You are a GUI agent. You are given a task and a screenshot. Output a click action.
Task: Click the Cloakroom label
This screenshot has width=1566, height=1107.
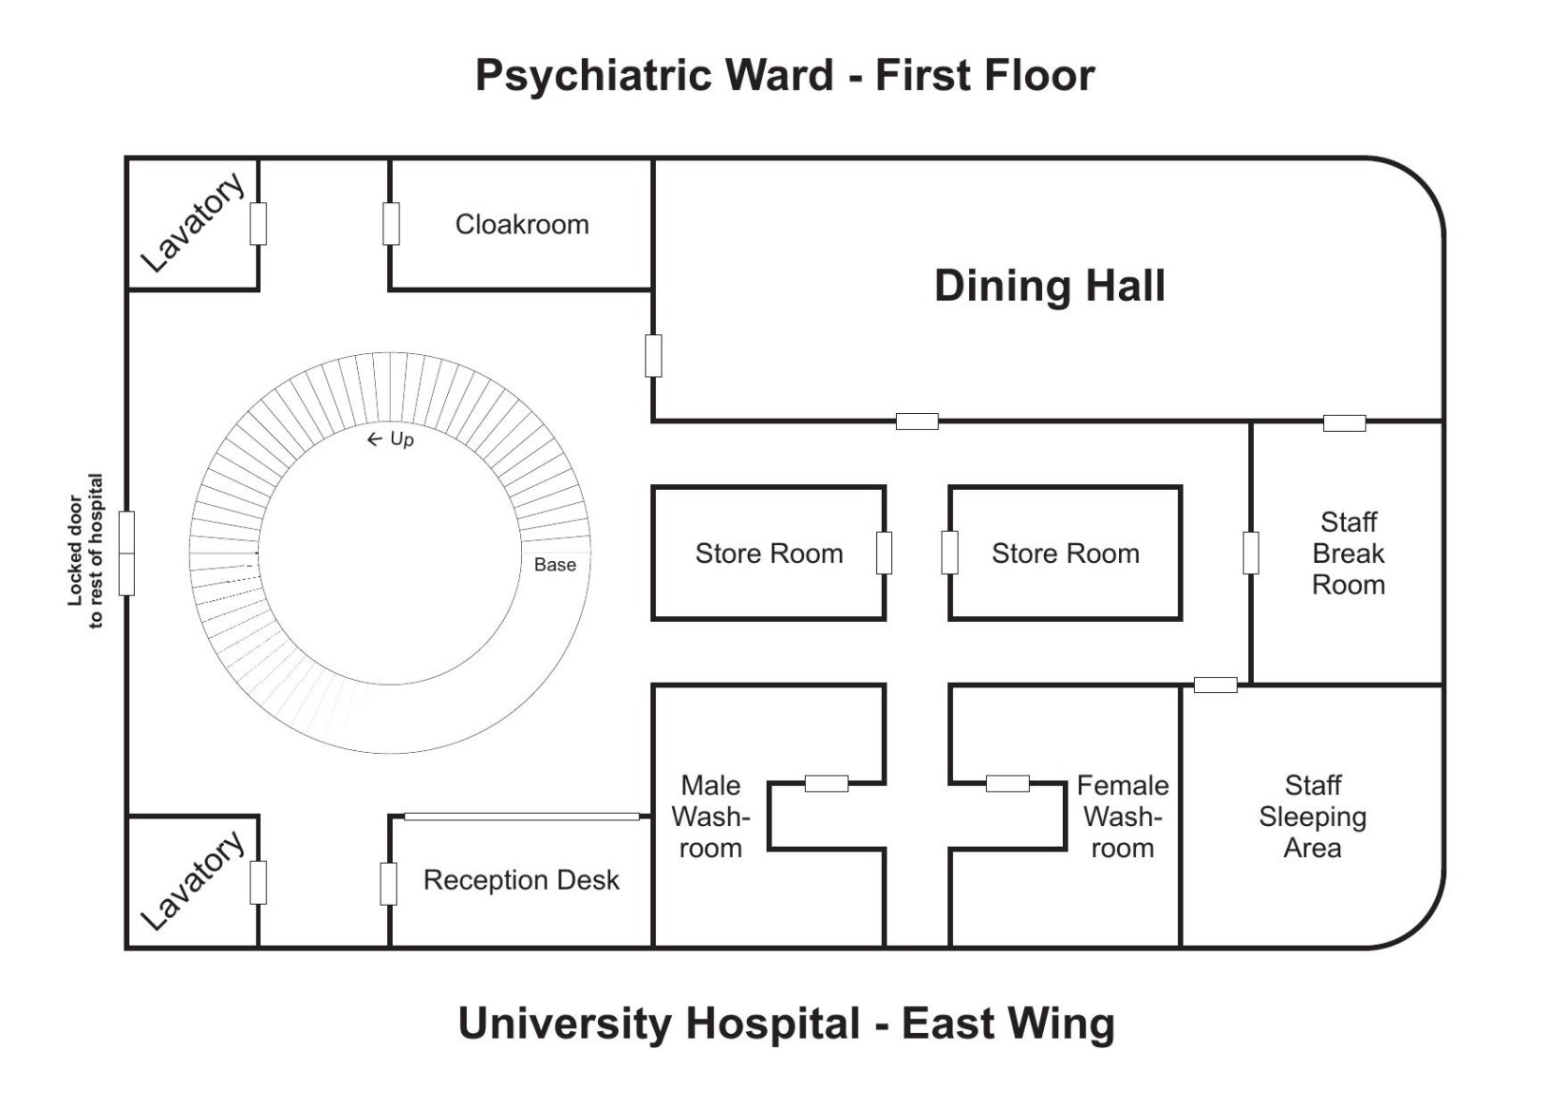point(522,225)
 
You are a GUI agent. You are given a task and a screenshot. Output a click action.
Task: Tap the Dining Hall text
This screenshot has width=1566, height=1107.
point(1049,286)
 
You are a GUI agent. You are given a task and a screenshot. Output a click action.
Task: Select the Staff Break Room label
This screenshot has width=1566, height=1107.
point(1348,553)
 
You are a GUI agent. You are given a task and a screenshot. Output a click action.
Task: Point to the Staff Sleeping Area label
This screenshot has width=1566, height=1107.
point(1313,816)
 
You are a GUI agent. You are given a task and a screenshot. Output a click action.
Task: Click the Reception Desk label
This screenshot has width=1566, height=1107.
point(521,880)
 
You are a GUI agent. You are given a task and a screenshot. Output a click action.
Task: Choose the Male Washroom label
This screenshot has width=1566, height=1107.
point(711,816)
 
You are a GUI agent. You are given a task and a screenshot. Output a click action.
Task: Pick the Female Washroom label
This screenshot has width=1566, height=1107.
point(1122,816)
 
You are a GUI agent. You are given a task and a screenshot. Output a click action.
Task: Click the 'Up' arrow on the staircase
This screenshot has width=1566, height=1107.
point(375,440)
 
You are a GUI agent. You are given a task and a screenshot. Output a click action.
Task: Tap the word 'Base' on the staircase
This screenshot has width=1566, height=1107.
point(555,565)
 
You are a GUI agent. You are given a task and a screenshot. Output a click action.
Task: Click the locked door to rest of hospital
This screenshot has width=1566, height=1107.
point(126,553)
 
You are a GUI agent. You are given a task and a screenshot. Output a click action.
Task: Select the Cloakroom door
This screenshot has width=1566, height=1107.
point(391,224)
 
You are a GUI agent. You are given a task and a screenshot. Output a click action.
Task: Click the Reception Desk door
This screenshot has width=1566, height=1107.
point(388,884)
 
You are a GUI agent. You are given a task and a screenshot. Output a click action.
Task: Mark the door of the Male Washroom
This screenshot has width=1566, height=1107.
point(827,783)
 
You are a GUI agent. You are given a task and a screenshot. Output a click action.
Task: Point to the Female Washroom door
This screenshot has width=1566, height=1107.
point(1007,783)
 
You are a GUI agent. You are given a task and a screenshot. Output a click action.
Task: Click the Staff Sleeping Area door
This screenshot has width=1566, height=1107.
point(1215,685)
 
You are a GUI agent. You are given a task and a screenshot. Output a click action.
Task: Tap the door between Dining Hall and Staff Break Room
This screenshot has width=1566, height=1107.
point(1344,422)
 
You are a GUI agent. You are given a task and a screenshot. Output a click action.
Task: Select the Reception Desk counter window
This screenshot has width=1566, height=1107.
point(521,816)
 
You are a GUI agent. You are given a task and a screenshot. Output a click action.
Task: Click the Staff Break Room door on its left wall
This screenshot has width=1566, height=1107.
point(1251,553)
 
